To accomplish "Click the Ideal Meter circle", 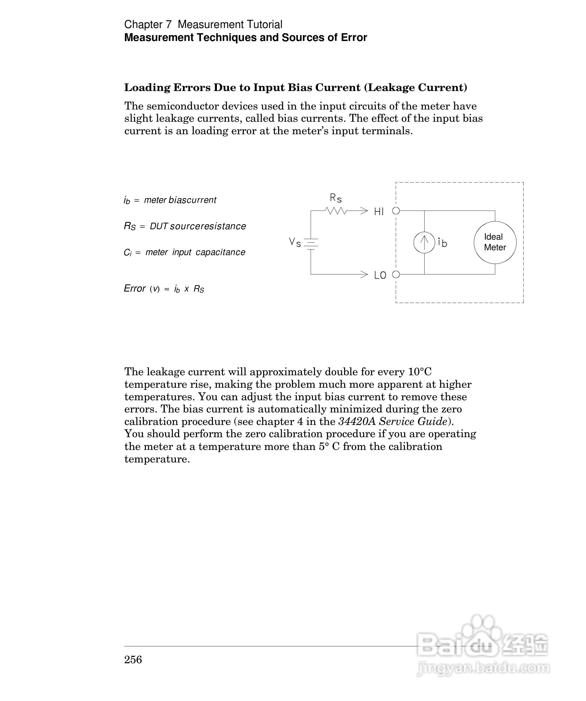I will (x=495, y=242).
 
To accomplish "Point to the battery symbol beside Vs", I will (x=311, y=244).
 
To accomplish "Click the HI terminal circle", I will (x=396, y=211).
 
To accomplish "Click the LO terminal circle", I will (x=396, y=274).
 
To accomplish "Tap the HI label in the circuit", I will (x=379, y=212).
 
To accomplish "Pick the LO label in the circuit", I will (x=380, y=276).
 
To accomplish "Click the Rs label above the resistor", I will (x=336, y=198).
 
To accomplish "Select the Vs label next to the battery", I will (x=295, y=242).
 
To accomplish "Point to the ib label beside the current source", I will (x=442, y=243).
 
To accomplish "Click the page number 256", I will (x=133, y=659).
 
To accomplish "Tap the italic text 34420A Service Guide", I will (x=393, y=421).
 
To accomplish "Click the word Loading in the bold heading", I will (x=147, y=87).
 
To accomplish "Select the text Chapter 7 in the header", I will (x=148, y=24).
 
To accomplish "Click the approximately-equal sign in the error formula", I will (x=166, y=289).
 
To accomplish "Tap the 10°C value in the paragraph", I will (x=420, y=371).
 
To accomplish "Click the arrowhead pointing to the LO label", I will (x=364, y=274).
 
